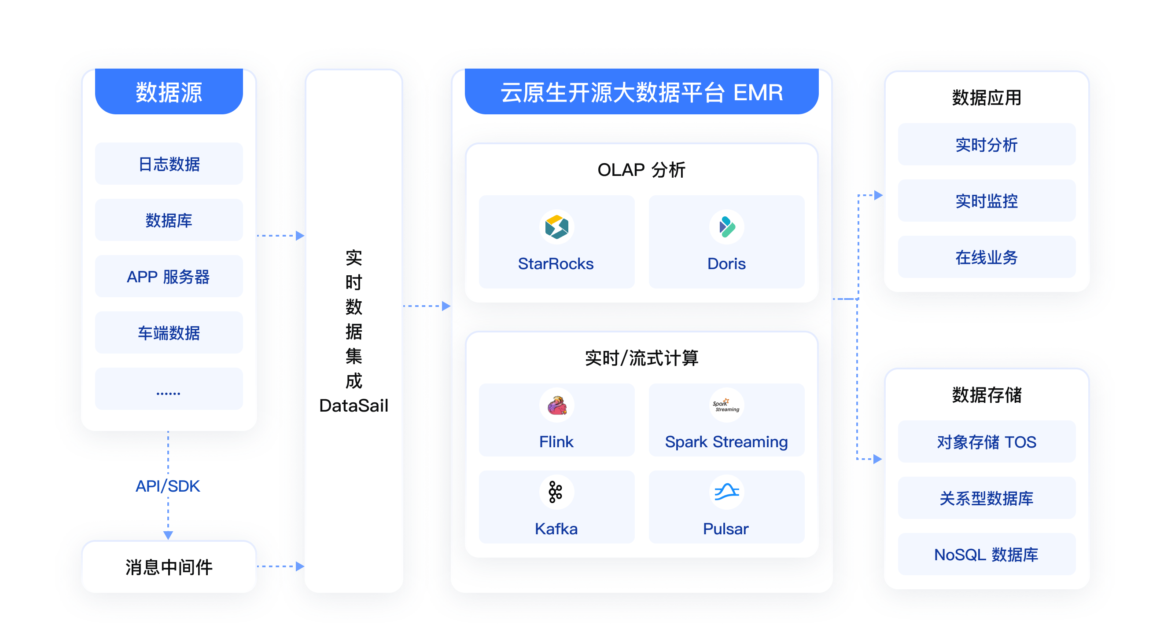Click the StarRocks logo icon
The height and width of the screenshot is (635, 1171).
coord(556,226)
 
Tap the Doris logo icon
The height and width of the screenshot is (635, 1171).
coord(726,226)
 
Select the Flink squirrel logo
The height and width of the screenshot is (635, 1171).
coord(556,405)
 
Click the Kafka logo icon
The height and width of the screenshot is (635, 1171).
coord(556,492)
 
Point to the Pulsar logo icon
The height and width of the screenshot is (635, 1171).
coord(726,492)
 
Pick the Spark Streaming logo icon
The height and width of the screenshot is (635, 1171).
coord(726,405)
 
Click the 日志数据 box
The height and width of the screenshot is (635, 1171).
coord(169,164)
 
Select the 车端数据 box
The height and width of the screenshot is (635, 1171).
coord(169,333)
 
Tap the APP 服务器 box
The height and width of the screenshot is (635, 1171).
coord(169,277)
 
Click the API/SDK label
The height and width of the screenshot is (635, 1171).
coord(168,486)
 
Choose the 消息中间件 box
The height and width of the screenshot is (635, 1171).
coord(169,567)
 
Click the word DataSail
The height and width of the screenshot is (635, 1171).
coord(354,405)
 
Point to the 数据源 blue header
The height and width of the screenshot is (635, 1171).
coord(169,92)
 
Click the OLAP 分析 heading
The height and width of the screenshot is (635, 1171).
coord(641,170)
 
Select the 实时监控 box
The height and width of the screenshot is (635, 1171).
coord(987,201)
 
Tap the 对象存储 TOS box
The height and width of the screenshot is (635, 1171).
coord(987,442)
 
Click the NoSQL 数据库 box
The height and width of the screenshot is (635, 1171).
coord(987,554)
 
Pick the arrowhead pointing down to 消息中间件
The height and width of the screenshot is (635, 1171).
coord(168,535)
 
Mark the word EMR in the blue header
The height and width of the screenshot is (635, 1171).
coord(758,92)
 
